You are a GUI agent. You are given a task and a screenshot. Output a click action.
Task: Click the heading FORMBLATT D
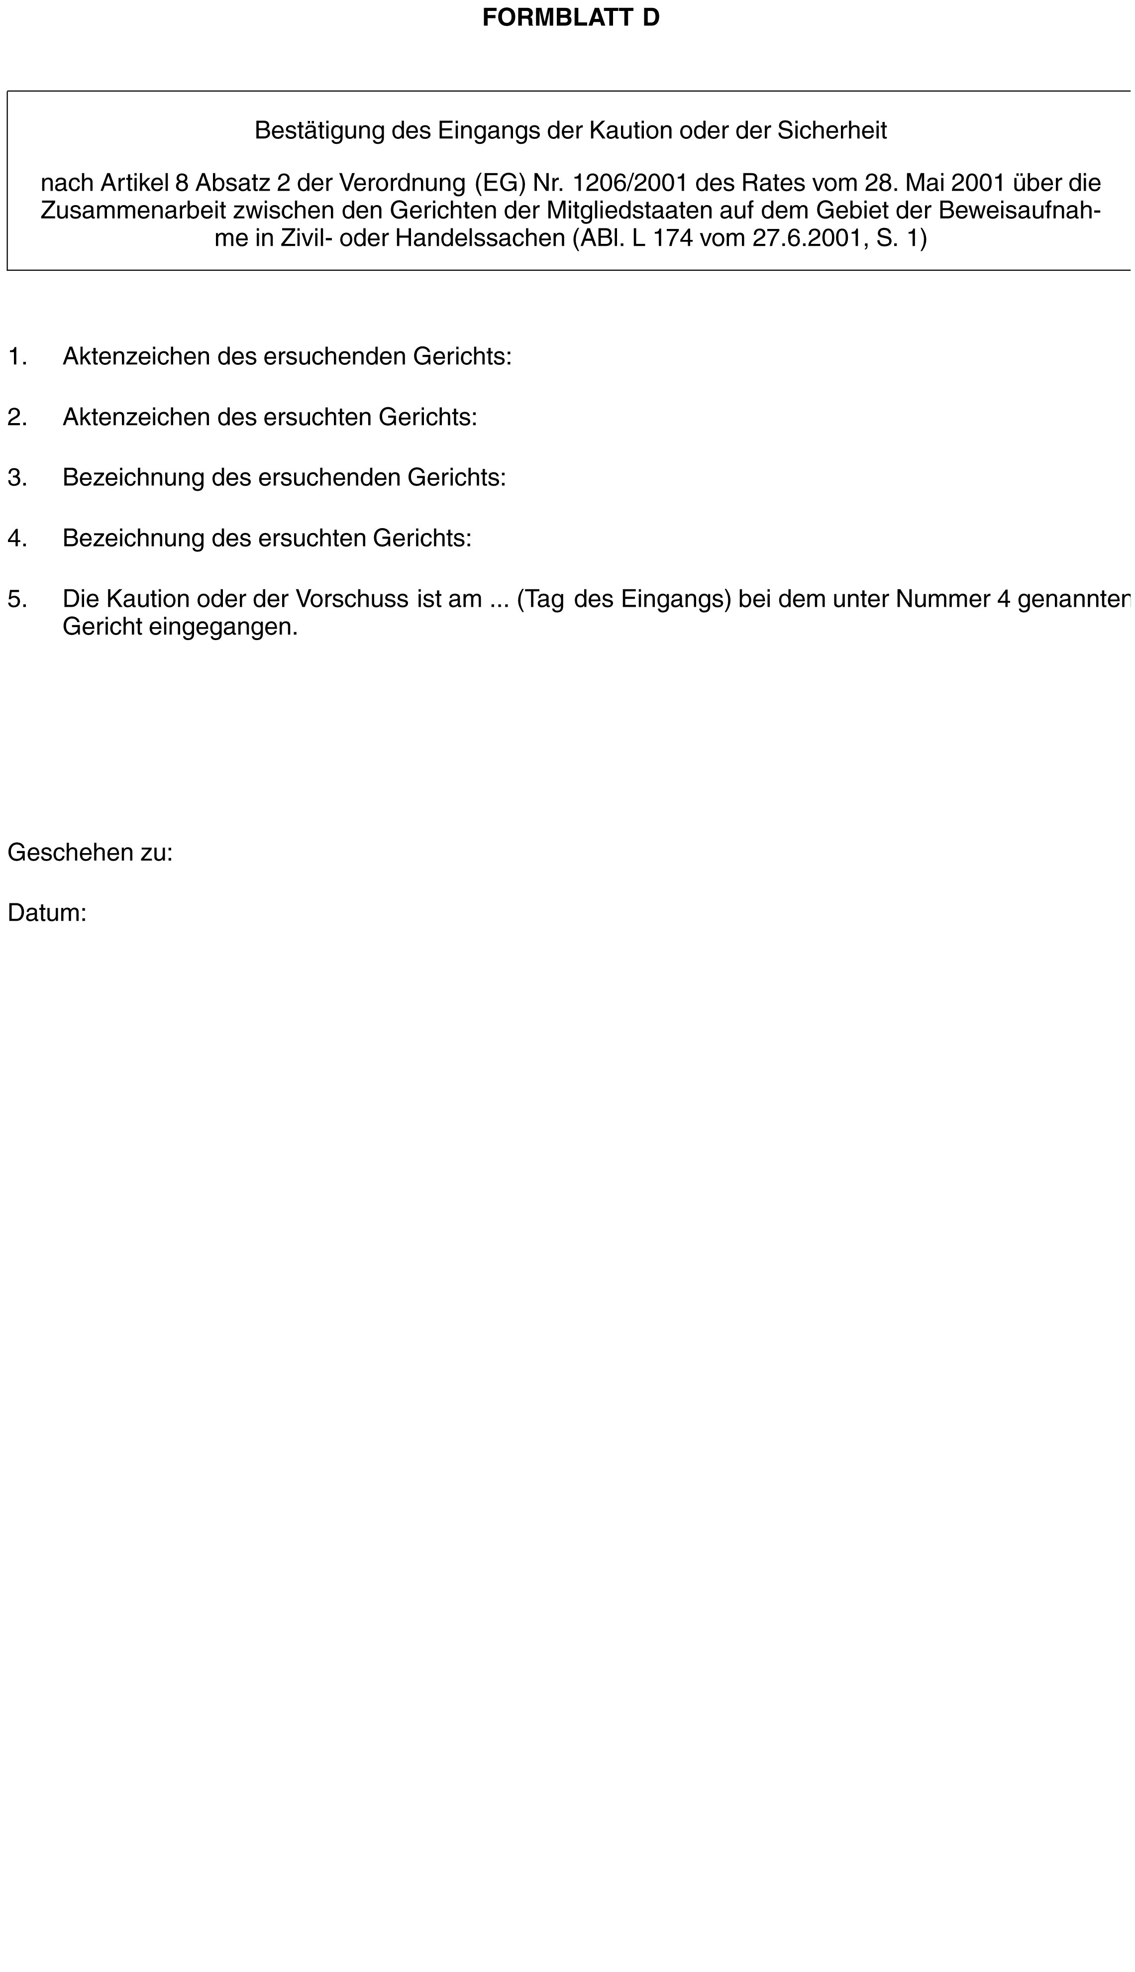coord(571,18)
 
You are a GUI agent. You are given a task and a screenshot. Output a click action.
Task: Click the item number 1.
coord(17,356)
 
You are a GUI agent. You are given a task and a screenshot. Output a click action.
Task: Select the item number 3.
coord(17,477)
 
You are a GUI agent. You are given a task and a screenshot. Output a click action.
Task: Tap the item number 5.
coord(17,599)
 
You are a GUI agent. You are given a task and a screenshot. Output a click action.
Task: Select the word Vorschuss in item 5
coord(352,599)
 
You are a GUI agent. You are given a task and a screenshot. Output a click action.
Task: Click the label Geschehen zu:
coord(90,852)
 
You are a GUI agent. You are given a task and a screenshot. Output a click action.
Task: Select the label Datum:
coord(47,913)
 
